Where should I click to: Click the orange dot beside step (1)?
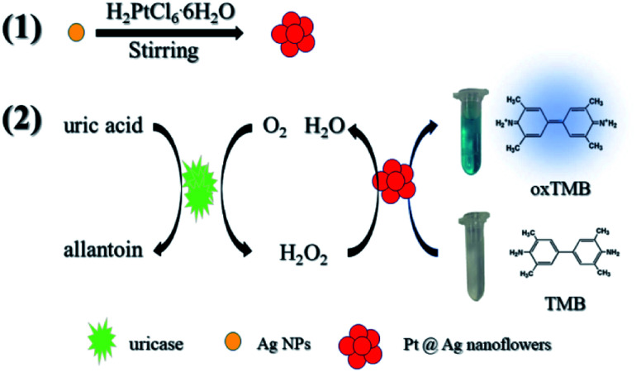click(76, 34)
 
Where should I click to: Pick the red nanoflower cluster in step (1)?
click(295, 35)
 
